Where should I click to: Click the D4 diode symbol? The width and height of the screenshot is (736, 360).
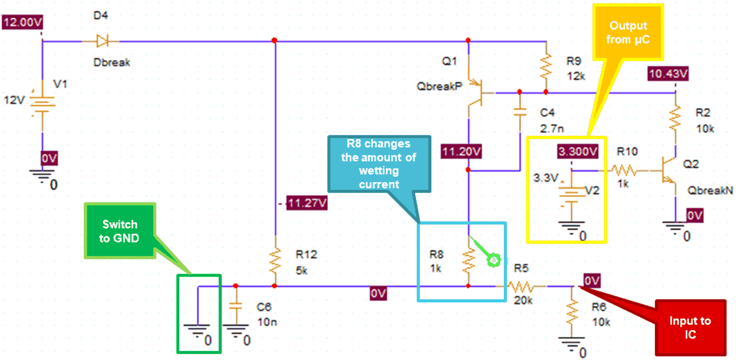point(102,41)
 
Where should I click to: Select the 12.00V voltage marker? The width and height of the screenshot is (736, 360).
point(22,22)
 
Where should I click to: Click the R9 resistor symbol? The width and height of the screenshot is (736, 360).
point(546,66)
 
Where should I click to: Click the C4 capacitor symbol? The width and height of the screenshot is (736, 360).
point(520,112)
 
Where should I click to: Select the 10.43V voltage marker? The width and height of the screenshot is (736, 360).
point(668,74)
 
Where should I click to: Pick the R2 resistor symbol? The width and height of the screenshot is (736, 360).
point(675,119)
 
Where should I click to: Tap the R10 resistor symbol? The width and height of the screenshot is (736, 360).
point(624,170)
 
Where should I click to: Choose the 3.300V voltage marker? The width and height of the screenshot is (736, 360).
point(577,151)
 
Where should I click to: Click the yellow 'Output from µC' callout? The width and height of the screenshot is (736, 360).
point(628,32)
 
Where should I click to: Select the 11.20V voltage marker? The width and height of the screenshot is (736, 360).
point(461,151)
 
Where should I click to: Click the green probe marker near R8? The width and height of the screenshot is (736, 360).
point(494,260)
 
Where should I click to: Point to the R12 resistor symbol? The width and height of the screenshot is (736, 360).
point(275,261)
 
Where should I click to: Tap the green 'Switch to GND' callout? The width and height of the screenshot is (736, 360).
point(120,231)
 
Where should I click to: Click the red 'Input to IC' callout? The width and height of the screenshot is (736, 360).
point(690,327)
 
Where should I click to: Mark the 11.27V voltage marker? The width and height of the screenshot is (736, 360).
point(307,203)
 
